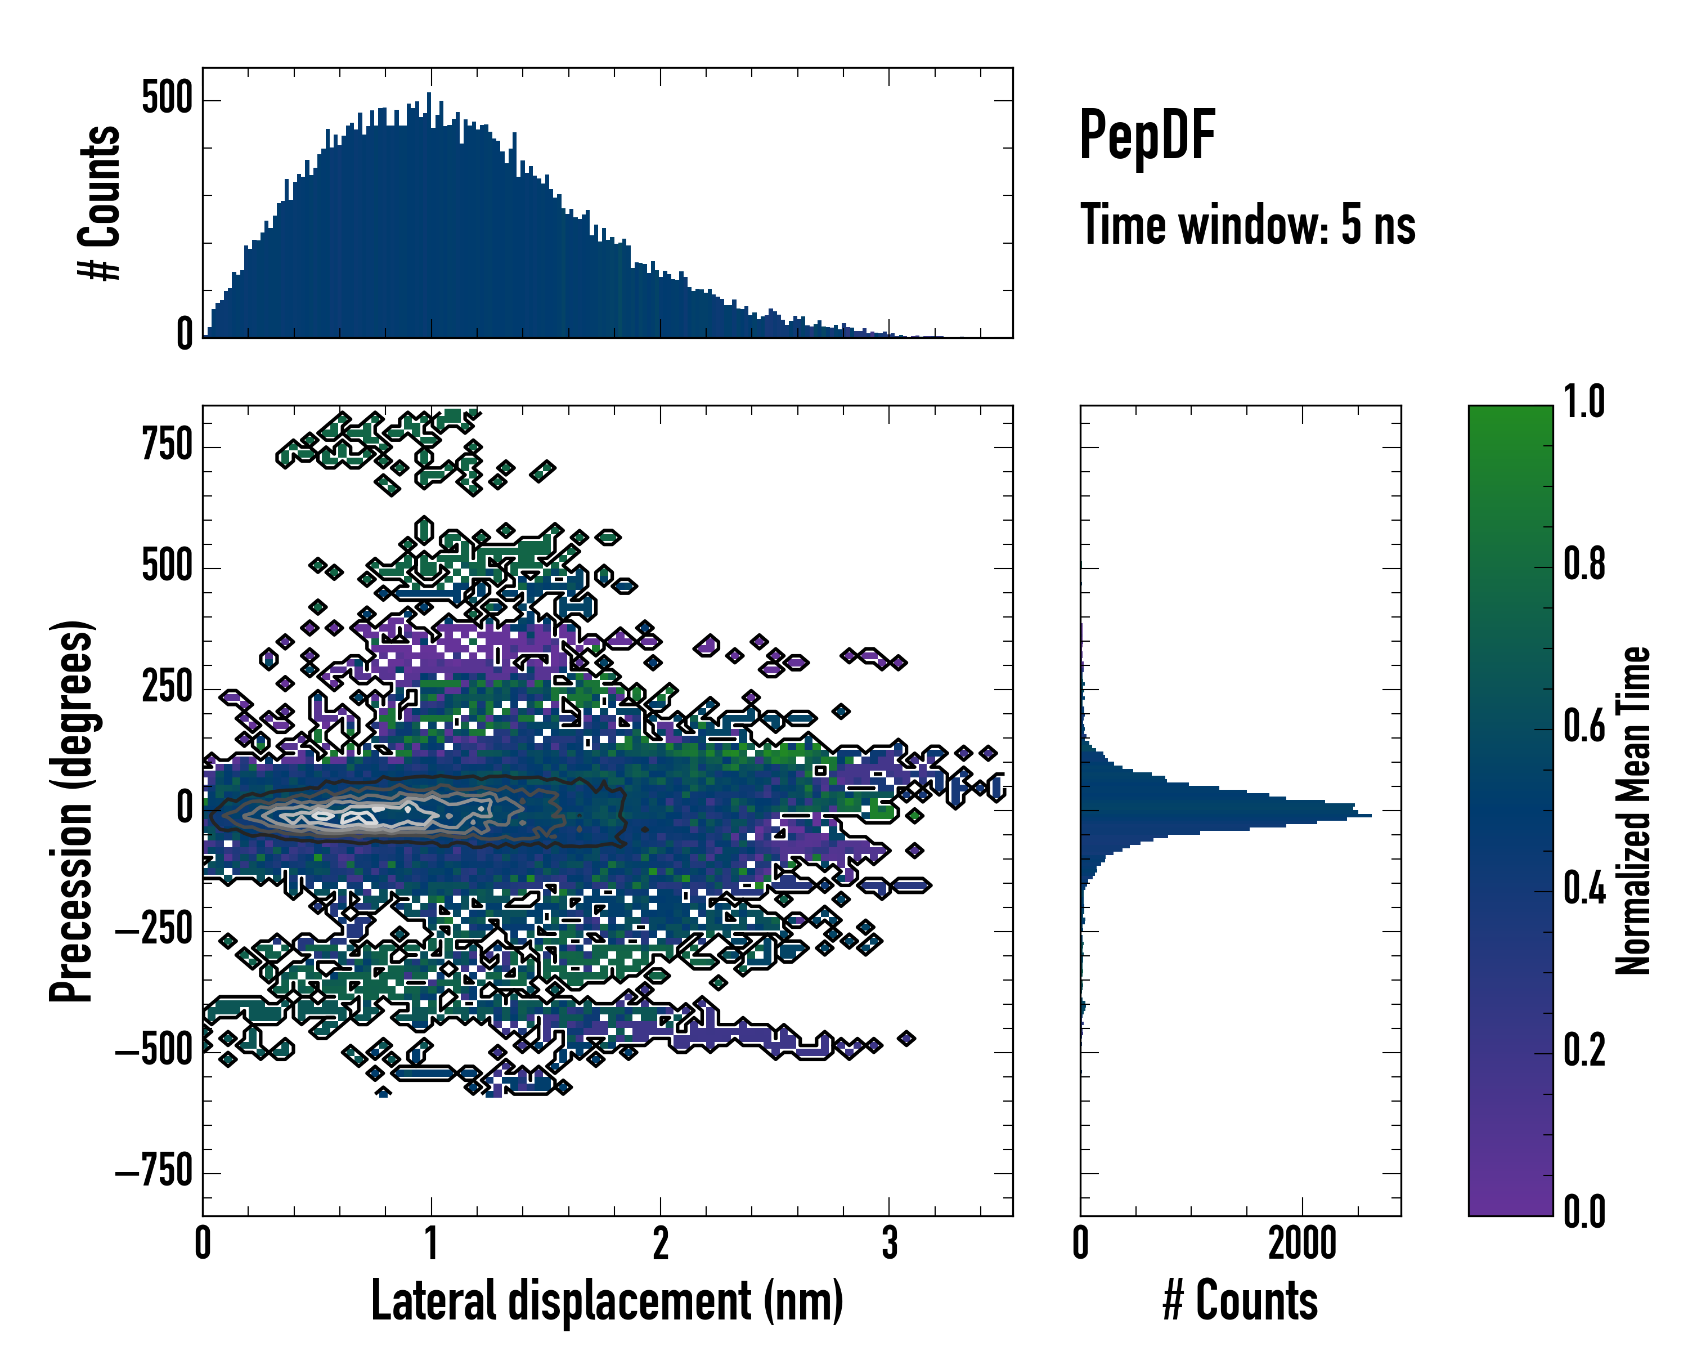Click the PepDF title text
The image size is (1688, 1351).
click(1146, 136)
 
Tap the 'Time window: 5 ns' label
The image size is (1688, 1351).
click(1247, 225)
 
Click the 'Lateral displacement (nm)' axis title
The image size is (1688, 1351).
click(607, 1301)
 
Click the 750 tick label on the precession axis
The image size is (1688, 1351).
click(167, 446)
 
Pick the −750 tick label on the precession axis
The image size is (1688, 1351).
click(154, 1173)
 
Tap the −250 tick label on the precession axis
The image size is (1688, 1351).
click(154, 931)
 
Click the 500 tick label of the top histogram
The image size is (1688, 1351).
click(167, 100)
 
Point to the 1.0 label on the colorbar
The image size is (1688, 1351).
click(1584, 402)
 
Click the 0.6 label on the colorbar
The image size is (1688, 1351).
click(1584, 726)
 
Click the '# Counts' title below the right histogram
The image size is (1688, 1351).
click(1240, 1301)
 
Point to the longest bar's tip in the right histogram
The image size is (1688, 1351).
click(1370, 816)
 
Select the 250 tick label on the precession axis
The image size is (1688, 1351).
click(167, 688)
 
